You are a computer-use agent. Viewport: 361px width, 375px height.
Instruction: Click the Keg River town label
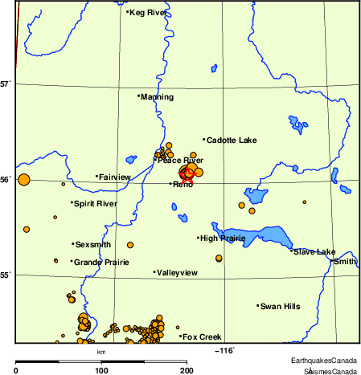point(147,12)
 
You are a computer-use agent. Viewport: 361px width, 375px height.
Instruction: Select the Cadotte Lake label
point(231,141)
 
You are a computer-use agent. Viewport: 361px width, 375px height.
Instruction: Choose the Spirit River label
point(95,204)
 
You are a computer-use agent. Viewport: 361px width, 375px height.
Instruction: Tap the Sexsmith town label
point(93,244)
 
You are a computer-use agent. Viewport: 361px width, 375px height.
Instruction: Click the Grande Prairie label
point(96,262)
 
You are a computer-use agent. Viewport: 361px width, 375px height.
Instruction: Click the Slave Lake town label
point(314,252)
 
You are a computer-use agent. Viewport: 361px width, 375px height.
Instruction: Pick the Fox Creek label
point(201,336)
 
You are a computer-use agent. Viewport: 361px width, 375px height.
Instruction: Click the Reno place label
point(183,185)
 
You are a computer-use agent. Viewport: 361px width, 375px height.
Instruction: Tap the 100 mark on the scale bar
point(101,370)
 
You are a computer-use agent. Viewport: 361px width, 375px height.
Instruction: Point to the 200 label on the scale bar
point(186,370)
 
